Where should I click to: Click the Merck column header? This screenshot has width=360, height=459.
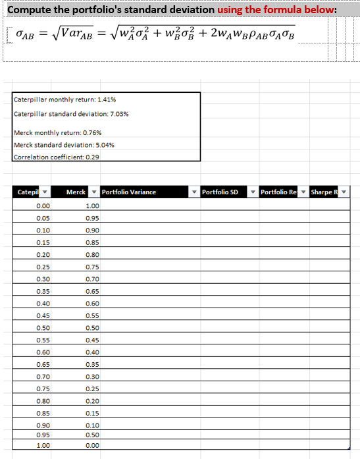pyautogui.click(x=76, y=192)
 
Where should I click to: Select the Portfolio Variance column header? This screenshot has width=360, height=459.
pyautogui.click(x=129, y=192)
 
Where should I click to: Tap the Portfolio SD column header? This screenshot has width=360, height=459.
pyautogui.click(x=220, y=192)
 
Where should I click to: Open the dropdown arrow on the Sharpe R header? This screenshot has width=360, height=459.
pyautogui.click(x=344, y=192)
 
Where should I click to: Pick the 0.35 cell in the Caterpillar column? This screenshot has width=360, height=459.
pyautogui.click(x=43, y=291)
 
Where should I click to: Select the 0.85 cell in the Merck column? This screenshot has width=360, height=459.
pyautogui.click(x=92, y=242)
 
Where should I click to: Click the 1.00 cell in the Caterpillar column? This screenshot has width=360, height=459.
pyautogui.click(x=43, y=446)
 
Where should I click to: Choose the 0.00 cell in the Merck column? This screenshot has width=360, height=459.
pyautogui.click(x=92, y=446)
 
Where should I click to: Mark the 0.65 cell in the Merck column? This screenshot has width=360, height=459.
pyautogui.click(x=92, y=291)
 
